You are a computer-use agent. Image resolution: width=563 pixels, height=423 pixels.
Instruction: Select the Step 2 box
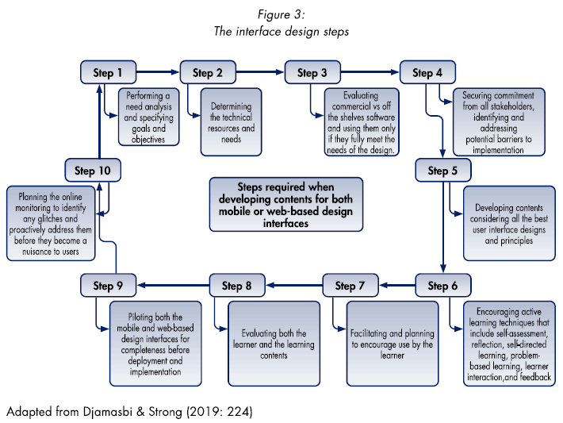(208, 74)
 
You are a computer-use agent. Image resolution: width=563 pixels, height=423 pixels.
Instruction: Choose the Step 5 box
(442, 171)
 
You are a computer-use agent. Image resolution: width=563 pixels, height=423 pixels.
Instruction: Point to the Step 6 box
(442, 286)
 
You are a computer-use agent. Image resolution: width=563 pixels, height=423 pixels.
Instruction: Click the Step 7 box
(350, 286)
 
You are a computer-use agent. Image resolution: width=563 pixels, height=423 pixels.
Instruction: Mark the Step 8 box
(236, 286)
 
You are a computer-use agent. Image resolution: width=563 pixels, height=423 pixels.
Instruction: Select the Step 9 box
(108, 286)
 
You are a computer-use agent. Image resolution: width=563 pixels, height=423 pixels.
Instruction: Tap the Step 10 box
(92, 171)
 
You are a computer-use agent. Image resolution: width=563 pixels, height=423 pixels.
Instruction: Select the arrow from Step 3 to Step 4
(369, 71)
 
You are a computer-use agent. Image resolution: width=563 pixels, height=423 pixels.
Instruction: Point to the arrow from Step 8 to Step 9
(172, 284)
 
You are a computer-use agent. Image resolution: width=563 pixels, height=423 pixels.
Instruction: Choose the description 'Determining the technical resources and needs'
(232, 121)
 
